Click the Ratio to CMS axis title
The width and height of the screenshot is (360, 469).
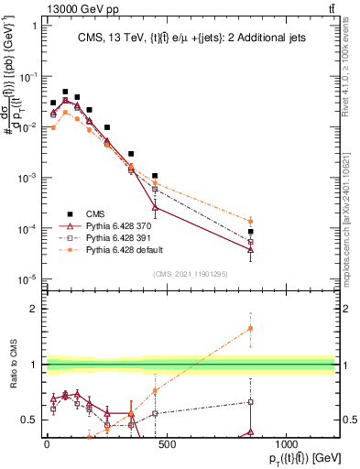[x=12, y=377]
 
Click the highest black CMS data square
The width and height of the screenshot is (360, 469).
[x=65, y=92]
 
